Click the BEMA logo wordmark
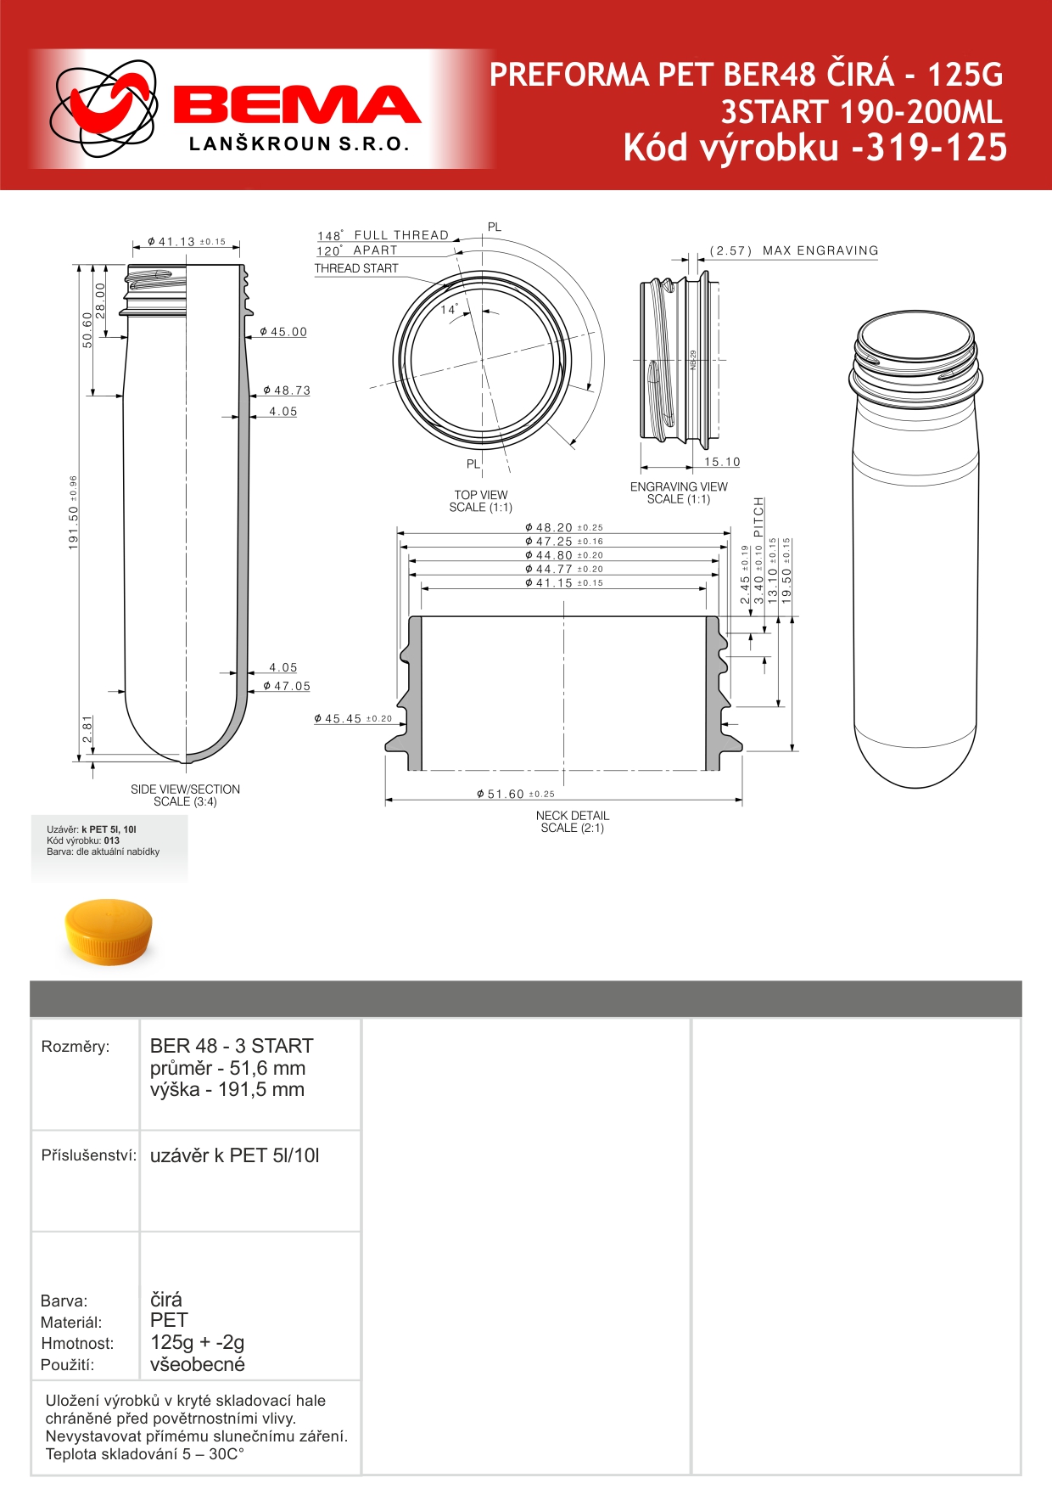click(297, 105)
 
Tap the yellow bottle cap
click(109, 932)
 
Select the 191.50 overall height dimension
click(74, 512)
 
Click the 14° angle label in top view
click(449, 310)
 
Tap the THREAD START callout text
click(356, 268)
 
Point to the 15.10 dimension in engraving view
click(722, 462)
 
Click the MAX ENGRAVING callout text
click(820, 250)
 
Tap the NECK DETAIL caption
click(573, 816)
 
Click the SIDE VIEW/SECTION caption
click(185, 789)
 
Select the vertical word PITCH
click(759, 516)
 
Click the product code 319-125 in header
click(931, 148)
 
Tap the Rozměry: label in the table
click(76, 1047)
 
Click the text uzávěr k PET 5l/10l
click(235, 1155)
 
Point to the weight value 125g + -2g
click(197, 1342)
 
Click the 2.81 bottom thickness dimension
click(87, 729)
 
